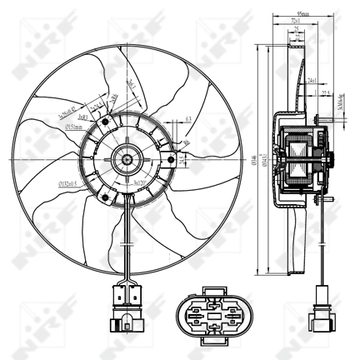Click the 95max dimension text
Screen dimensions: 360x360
click(297, 11)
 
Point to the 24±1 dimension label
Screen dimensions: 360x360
click(311, 80)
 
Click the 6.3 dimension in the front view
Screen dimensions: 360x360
click(190, 119)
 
